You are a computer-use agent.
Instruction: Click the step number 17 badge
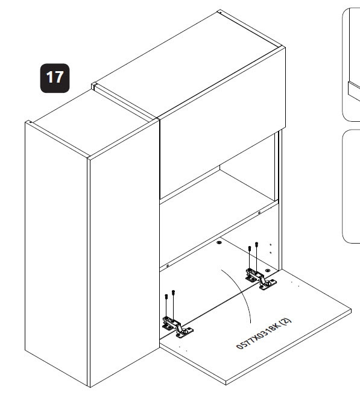55,78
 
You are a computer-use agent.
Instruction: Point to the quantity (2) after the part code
286,322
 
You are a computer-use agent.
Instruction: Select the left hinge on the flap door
177,327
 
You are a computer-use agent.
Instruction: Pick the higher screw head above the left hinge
173,292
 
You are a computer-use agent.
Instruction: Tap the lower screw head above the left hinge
166,297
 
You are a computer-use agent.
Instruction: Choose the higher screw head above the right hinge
257,244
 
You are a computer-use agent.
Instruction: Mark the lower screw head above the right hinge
250,248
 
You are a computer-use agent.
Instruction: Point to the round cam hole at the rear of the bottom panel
219,242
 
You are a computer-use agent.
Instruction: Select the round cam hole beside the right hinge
268,270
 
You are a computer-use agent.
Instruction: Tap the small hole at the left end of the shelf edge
168,266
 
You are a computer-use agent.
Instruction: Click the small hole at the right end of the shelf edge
259,213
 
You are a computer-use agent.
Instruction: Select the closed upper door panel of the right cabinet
223,123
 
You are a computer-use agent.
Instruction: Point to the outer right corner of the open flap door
351,311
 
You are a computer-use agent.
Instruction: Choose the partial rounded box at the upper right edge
351,65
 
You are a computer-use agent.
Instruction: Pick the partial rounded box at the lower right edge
351,186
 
